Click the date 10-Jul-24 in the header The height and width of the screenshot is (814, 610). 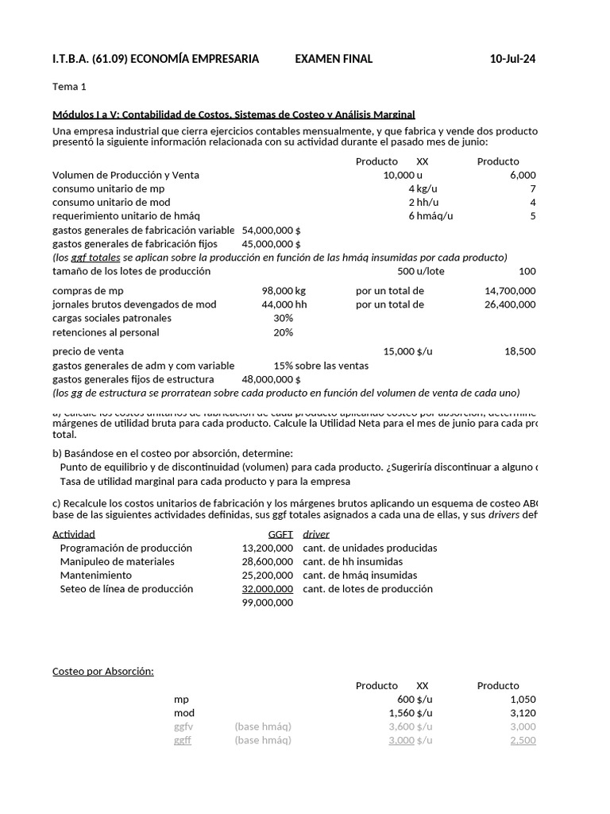pos(512,59)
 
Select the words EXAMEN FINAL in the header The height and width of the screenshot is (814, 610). pos(334,59)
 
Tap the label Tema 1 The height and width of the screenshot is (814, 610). pos(69,87)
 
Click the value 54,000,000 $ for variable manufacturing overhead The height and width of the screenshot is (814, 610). pos(271,230)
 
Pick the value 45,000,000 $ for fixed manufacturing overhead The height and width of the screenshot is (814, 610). pos(271,243)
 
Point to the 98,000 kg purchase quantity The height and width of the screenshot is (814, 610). pos(284,291)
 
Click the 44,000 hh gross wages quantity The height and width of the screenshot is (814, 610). pos(284,304)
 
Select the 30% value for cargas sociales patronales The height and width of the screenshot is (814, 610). pos(283,318)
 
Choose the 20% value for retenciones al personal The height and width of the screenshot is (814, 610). pos(283,332)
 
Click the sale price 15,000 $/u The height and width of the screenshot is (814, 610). pos(408,351)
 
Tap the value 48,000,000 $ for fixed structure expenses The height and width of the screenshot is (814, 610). pos(271,379)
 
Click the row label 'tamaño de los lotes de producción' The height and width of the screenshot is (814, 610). pos(131,271)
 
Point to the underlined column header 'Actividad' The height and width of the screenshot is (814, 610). pos(74,534)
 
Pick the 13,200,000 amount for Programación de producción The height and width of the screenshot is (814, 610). pos(267,548)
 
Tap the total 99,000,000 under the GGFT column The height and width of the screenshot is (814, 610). pos(267,603)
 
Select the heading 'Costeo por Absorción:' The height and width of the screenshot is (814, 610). pos(102,672)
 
